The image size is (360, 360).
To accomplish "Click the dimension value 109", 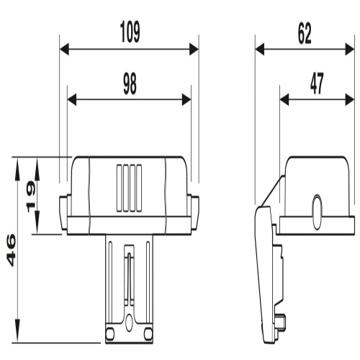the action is coord(130,32).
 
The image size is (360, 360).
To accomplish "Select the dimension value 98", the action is coord(130,84).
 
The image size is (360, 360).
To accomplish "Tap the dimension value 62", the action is coord(305,33).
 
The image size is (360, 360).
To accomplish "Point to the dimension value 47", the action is coord(317,84).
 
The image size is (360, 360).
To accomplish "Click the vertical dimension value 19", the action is coord(31,197).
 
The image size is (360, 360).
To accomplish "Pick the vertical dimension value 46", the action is coord(11,250).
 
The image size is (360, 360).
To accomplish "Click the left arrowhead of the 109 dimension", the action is coord(64,49).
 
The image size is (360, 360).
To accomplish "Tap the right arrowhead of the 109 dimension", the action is coord(194,49).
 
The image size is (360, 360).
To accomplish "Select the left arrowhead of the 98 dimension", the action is coord(72,99).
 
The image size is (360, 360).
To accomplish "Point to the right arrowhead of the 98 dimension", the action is coord(186,99).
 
